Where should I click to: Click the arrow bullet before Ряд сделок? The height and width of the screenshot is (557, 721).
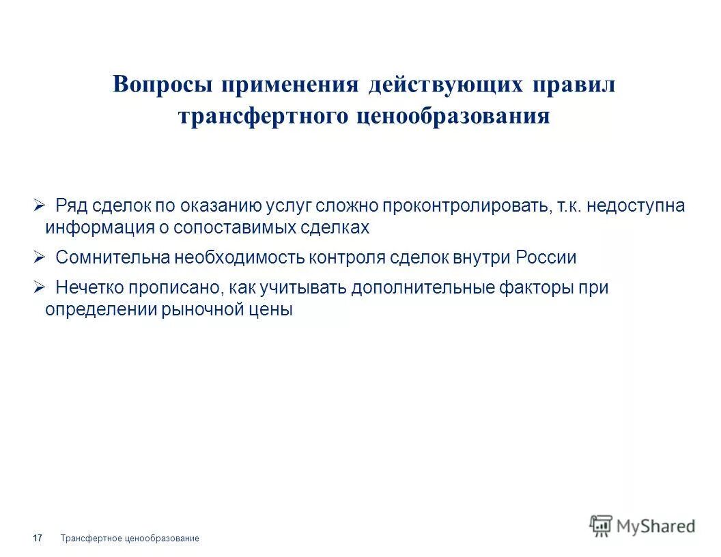click(39, 205)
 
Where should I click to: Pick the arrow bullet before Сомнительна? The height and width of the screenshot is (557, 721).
click(39, 257)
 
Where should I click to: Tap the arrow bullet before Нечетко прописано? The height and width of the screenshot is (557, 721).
click(39, 287)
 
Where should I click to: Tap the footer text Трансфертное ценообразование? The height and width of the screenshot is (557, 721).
click(130, 539)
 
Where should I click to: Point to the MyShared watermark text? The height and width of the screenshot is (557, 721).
click(655, 526)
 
